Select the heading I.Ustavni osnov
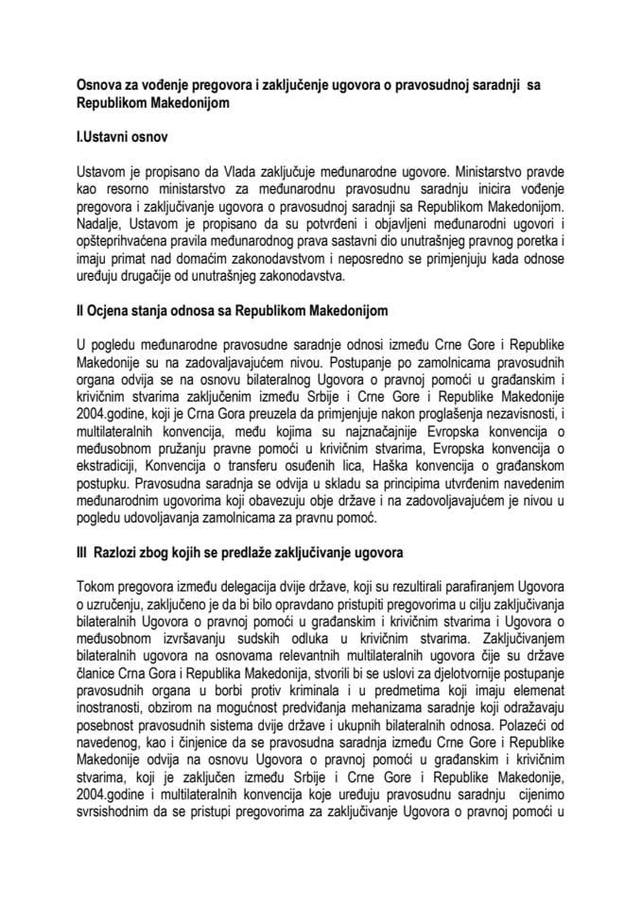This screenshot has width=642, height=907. pyautogui.click(x=122, y=137)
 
